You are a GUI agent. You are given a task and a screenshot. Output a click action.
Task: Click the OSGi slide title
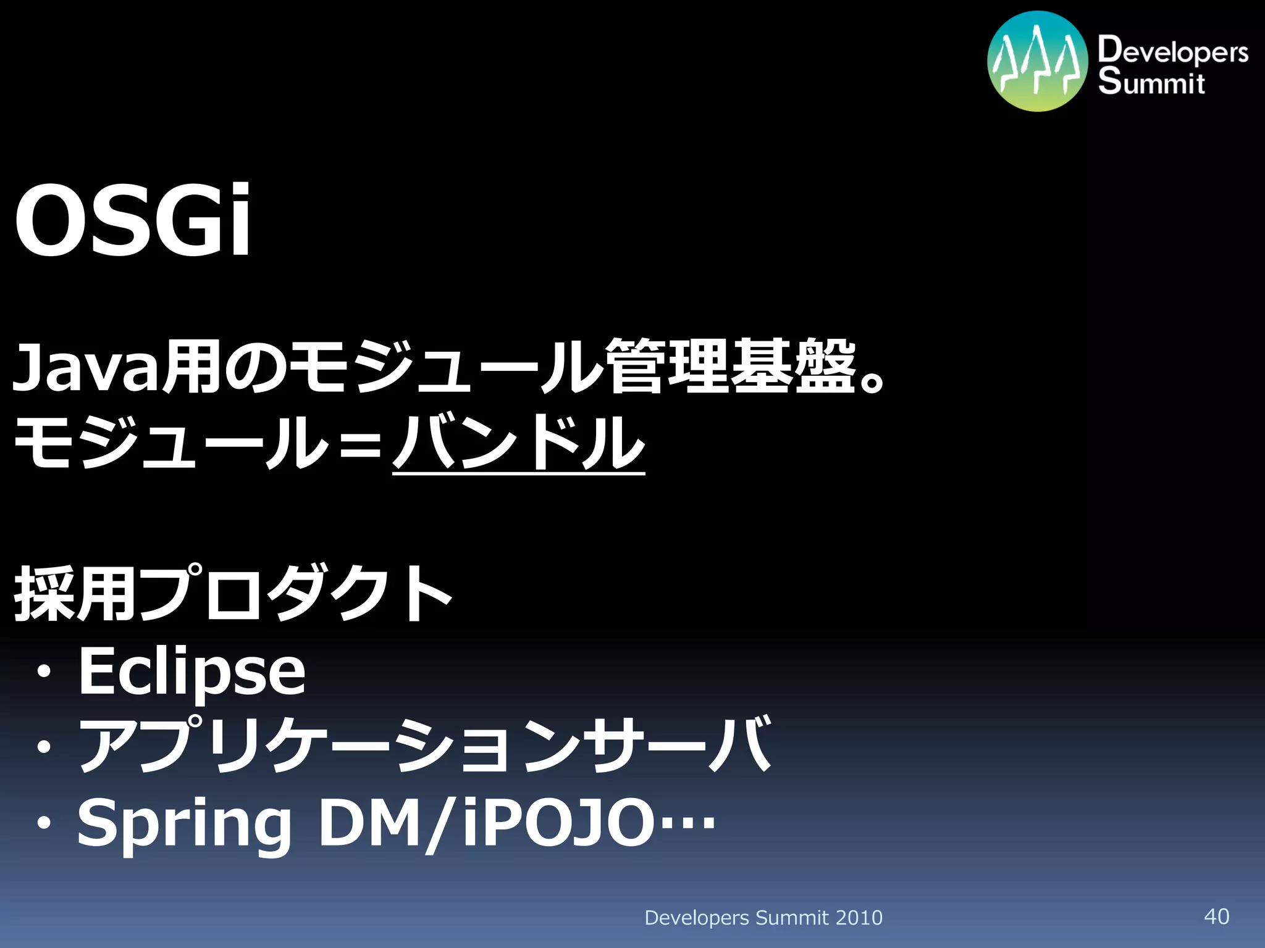[x=133, y=221]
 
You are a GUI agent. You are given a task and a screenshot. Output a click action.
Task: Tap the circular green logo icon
[x=1037, y=61]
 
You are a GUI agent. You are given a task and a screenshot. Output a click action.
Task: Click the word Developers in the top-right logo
[x=1172, y=51]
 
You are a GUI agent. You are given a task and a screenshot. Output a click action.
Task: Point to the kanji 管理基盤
[x=731, y=367]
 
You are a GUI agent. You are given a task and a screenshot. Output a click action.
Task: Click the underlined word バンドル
[x=518, y=443]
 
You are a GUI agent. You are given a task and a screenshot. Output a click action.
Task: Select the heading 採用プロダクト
[x=233, y=594]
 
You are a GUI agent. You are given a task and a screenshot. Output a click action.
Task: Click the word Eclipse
[x=191, y=671]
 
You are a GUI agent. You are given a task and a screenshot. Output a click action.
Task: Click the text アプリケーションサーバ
[x=425, y=746]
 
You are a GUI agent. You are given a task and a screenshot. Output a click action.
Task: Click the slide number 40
[x=1216, y=917]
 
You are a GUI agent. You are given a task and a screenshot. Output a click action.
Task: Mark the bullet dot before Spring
[x=44, y=823]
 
